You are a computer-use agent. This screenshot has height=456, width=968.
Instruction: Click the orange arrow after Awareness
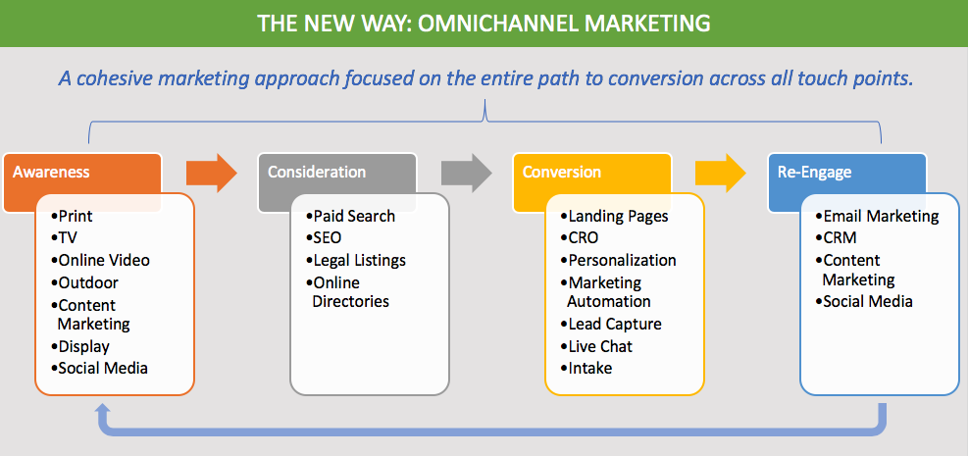coord(211,173)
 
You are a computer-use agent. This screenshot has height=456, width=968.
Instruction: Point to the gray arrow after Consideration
coord(466,173)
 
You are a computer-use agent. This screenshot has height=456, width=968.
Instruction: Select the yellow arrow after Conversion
coord(721,173)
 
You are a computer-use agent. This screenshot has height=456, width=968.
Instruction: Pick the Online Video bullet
coord(103,260)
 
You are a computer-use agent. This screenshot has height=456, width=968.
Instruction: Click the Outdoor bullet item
coord(87,282)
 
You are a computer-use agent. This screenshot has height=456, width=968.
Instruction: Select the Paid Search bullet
coord(353,216)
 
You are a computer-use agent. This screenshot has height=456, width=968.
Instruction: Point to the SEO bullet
coord(330,238)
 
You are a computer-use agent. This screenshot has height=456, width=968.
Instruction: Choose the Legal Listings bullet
coord(358,260)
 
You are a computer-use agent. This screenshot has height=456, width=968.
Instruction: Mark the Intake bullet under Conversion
coord(589,369)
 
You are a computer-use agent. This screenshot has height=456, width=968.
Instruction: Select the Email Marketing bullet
coord(880,216)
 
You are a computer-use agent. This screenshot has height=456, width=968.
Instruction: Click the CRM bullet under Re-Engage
coord(838,238)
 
